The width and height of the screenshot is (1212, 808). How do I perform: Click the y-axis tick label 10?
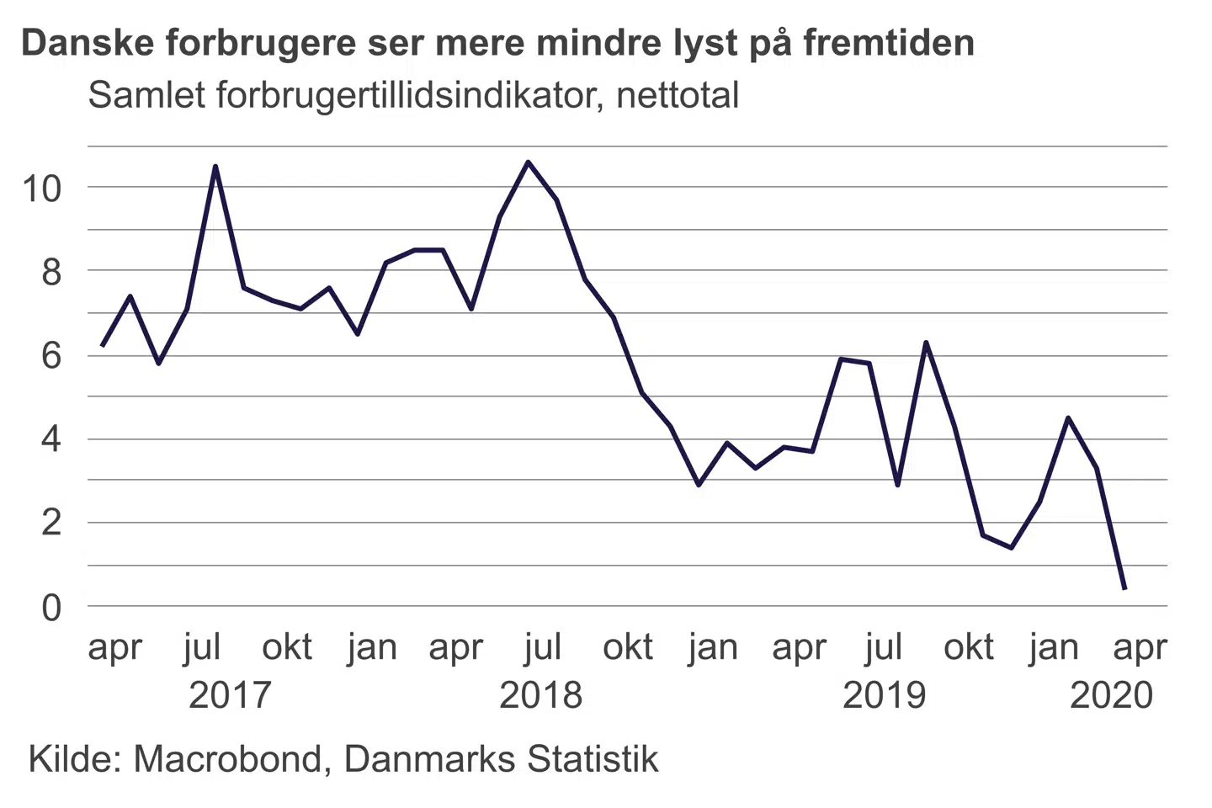pyautogui.click(x=42, y=189)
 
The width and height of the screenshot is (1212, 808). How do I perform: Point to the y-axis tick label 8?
pyautogui.click(x=51, y=272)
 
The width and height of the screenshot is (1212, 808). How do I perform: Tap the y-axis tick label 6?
pyautogui.click(x=51, y=356)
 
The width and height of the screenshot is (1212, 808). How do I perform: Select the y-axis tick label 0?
pyautogui.click(x=51, y=608)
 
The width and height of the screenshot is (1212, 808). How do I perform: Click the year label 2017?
pyautogui.click(x=230, y=695)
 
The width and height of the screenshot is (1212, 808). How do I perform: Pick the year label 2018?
pyautogui.click(x=540, y=695)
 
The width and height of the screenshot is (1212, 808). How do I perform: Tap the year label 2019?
pyautogui.click(x=884, y=695)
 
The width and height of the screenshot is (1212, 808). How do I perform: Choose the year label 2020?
pyautogui.click(x=1111, y=695)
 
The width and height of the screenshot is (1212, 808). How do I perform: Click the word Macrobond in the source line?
pyautogui.click(x=227, y=759)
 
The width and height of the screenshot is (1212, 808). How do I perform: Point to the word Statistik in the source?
pyautogui.click(x=593, y=759)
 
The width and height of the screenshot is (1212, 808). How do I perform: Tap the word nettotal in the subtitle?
pyautogui.click(x=678, y=95)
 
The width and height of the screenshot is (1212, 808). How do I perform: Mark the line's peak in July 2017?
pyautogui.click(x=215, y=167)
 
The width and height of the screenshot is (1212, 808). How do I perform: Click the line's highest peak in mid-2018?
pyautogui.click(x=528, y=162)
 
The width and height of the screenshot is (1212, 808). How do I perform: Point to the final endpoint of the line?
pyautogui.click(x=1124, y=588)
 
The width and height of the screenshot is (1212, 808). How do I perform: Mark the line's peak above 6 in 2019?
pyautogui.click(x=926, y=343)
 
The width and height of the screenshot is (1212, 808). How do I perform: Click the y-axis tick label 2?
pyautogui.click(x=51, y=524)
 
